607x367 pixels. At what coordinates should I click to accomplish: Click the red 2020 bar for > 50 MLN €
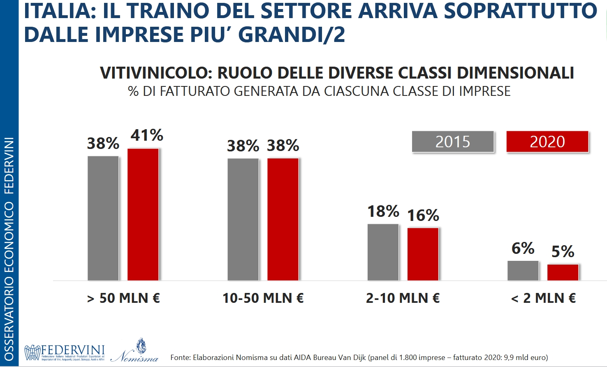[x=143, y=214]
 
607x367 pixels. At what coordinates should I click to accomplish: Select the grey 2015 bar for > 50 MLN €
[x=103, y=218]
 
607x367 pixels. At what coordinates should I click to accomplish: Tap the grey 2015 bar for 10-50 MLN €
[x=243, y=219]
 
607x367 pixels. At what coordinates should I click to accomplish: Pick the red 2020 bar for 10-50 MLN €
[x=283, y=219]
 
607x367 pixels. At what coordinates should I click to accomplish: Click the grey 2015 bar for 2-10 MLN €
[x=383, y=252]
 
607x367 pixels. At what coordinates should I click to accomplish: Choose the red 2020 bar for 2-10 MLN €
[x=423, y=254]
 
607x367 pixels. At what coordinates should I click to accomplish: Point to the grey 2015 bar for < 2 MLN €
[x=523, y=271]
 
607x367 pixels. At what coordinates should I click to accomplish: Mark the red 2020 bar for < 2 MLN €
[x=563, y=272]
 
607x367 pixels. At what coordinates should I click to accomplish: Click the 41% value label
[x=147, y=135]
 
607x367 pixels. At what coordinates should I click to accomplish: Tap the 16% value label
[x=423, y=215]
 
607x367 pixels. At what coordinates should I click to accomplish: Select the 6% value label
[x=523, y=249]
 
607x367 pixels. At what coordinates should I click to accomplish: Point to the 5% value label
[x=563, y=251]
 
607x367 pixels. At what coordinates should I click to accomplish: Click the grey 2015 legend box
[x=453, y=142]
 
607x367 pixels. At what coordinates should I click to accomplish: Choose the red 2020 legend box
[x=547, y=142]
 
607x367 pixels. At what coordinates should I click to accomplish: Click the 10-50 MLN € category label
[x=263, y=298]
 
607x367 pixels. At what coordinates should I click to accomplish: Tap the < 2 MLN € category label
[x=543, y=298]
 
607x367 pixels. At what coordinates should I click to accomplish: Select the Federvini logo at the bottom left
[x=65, y=353]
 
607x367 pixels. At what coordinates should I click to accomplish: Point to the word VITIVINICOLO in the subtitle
[x=156, y=73]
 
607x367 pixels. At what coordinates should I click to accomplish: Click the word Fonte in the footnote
[x=180, y=358]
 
